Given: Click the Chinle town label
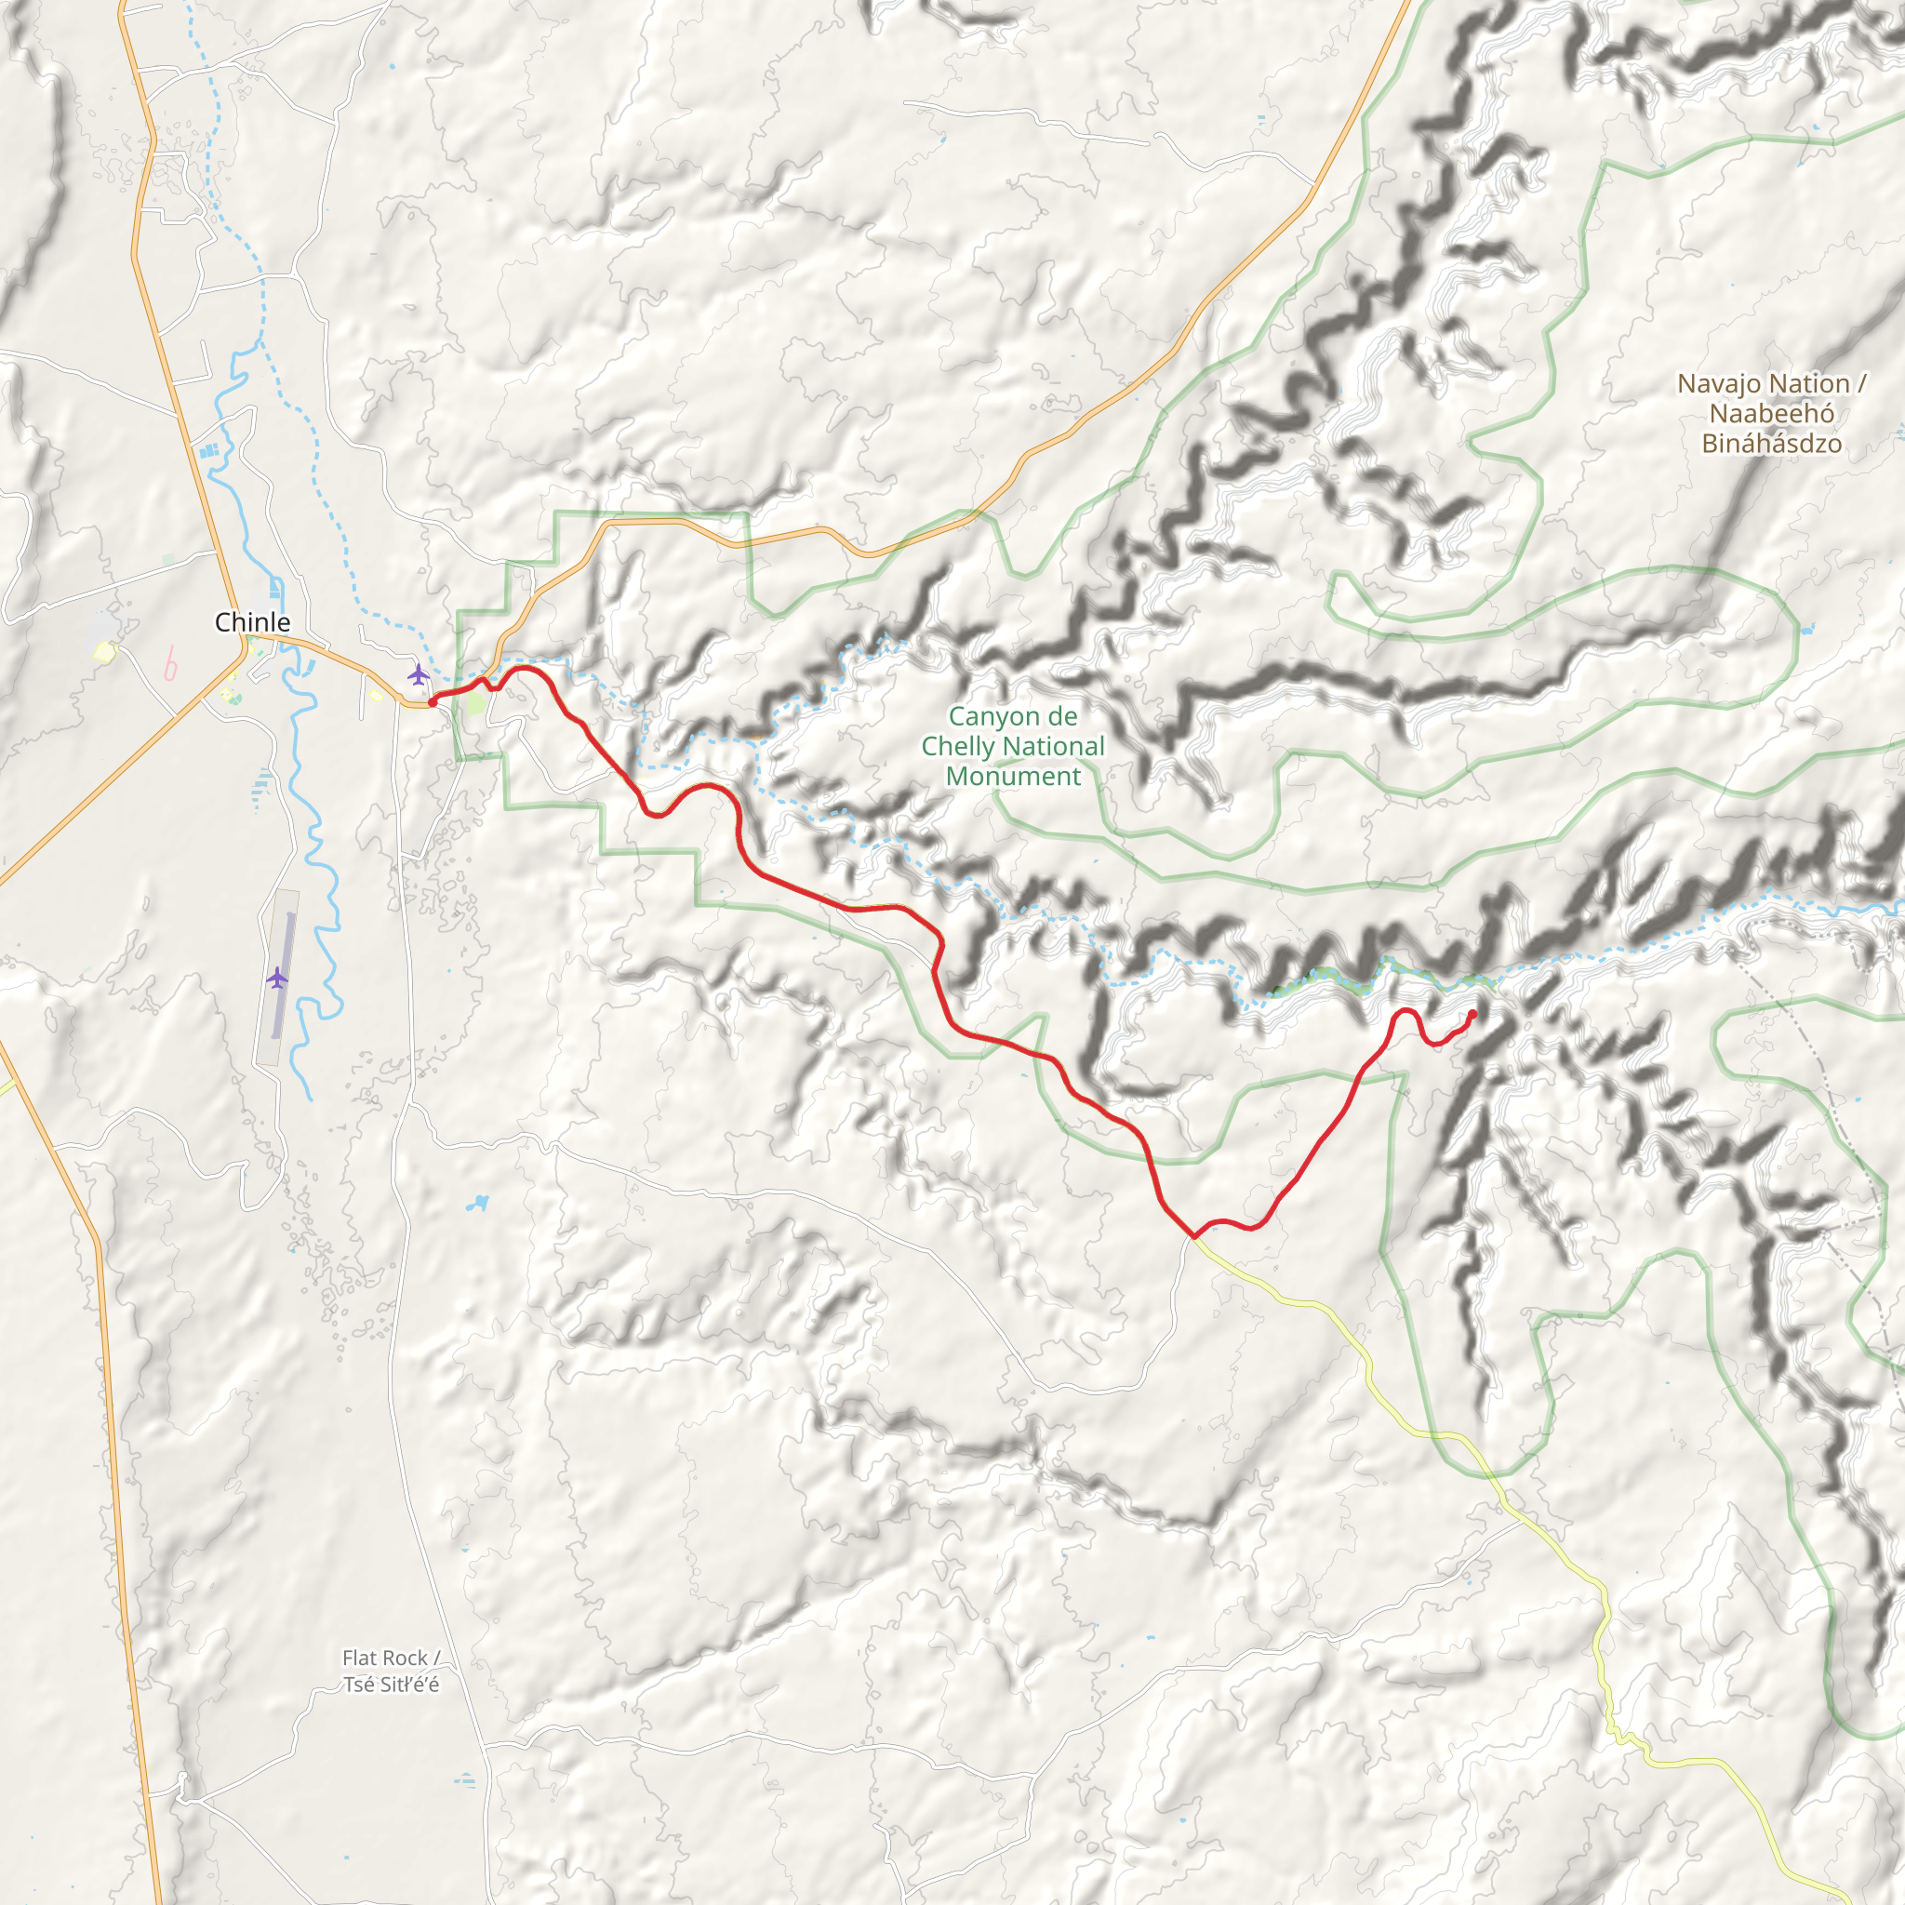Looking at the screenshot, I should [x=252, y=622].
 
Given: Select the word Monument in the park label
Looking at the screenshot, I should [x=1013, y=777].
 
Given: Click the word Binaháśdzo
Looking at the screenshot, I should [x=1771, y=444].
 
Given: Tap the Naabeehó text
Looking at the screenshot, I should [x=1771, y=414].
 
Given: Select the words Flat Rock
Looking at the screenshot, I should [x=384, y=1658].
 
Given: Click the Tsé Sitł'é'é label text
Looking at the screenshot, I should [x=391, y=1685].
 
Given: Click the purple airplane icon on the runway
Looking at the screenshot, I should [x=277, y=979].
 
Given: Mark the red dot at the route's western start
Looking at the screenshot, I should [x=432, y=702].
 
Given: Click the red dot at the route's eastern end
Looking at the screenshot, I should [x=1472, y=1014].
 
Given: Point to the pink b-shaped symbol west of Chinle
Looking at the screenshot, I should [x=170, y=664].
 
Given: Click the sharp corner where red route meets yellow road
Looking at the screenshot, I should [x=1193, y=1235].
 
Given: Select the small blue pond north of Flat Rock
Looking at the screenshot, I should [x=478, y=1203].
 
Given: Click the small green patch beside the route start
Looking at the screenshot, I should [x=474, y=703].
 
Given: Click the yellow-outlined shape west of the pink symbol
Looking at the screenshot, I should [x=104, y=651].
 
